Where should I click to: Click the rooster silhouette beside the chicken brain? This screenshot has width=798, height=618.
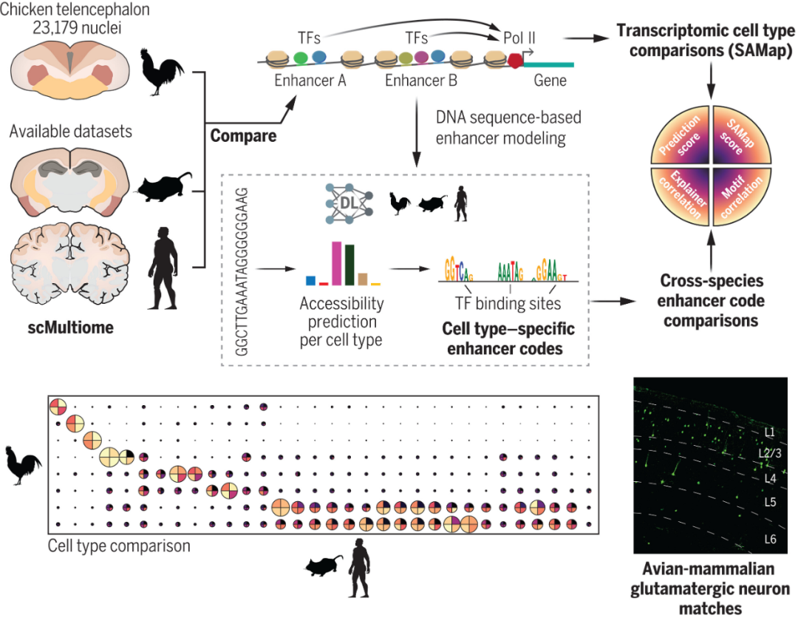[x=162, y=72]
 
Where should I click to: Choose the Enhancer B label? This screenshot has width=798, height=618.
[x=421, y=80]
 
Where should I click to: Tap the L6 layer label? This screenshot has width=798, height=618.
[x=768, y=540]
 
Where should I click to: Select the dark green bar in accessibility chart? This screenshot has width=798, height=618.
[x=349, y=265]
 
